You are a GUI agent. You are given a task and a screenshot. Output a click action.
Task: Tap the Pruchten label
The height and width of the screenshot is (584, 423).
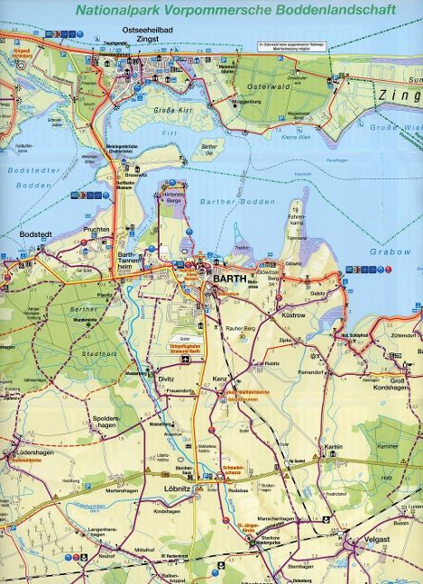[x=96, y=230]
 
